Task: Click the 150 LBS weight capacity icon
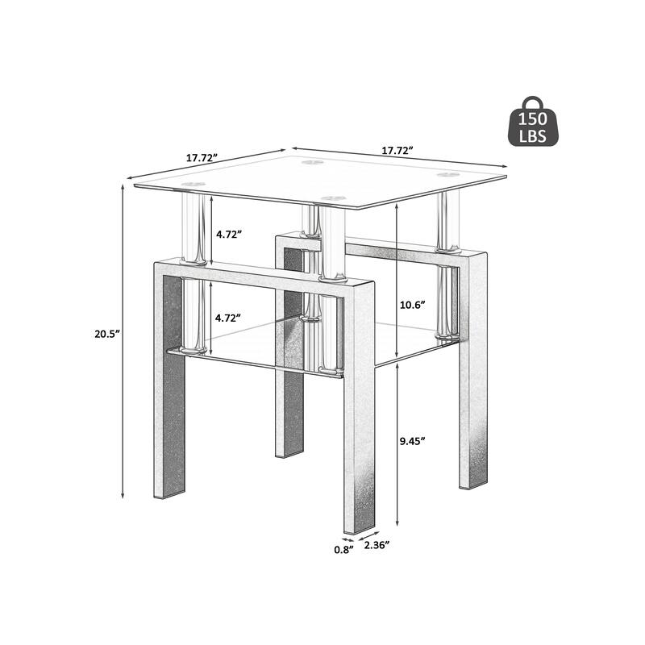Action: click(533, 123)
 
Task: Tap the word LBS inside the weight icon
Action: click(533, 137)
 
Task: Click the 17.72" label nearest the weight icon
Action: click(397, 151)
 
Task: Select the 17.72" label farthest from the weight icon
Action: click(202, 158)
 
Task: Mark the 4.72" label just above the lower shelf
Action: click(228, 318)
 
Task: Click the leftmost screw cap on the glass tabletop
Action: click(192, 186)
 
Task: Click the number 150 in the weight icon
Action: click(533, 123)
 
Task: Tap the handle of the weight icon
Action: click(533, 102)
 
